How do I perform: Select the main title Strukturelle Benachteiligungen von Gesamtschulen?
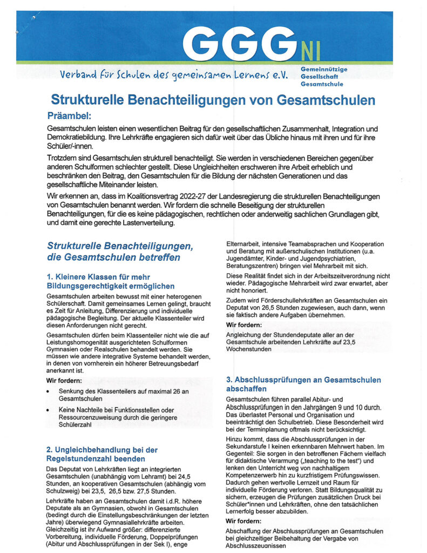pos(213,100)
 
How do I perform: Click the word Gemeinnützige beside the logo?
pos(323,70)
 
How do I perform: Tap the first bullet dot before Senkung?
pos(50,390)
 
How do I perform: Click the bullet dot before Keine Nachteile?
pos(50,410)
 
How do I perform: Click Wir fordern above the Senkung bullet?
pos(65,380)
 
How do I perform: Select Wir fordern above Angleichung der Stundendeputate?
pos(245,325)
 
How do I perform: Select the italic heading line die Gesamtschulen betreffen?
pos(113,258)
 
